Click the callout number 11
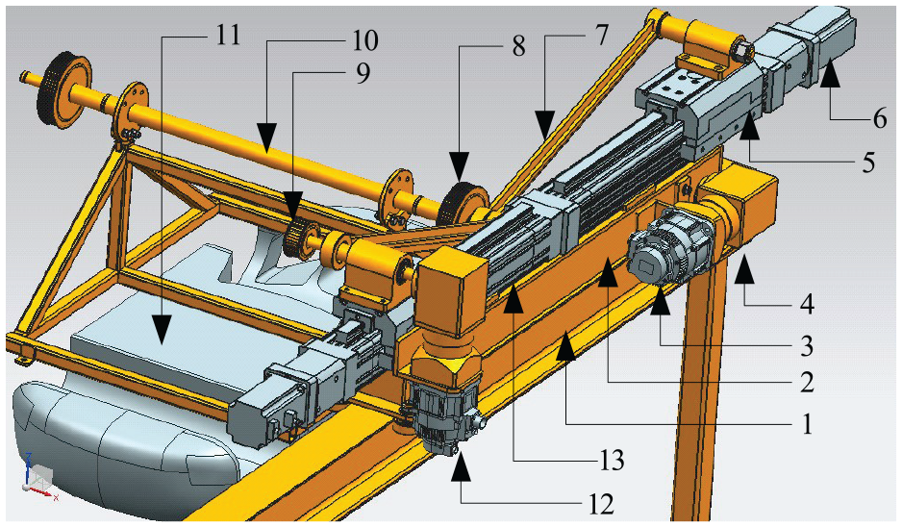pos(227,36)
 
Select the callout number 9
pos(363,74)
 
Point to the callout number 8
pos(518,46)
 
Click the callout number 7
pos(599,36)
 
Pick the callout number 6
pos(880,118)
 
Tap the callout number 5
pos(868,162)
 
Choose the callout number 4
pos(808,304)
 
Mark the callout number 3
pos(807,346)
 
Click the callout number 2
pos(807,382)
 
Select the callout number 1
pos(807,425)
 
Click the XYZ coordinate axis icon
pos(38,473)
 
